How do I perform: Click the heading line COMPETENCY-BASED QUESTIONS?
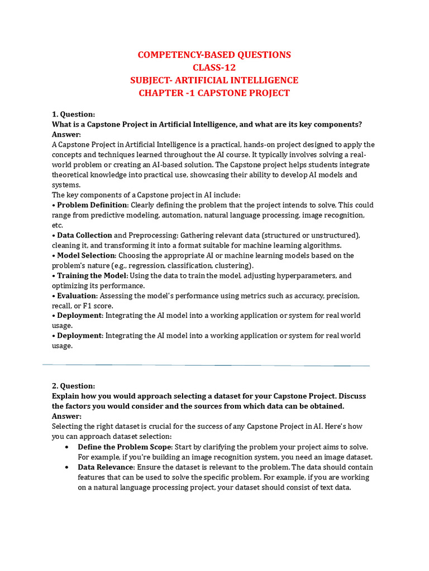[x=214, y=55]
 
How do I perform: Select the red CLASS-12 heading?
[x=214, y=67]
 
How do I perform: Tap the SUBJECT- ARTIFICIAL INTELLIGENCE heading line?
[x=214, y=80]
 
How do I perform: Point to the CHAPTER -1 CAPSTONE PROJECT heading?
[x=214, y=93]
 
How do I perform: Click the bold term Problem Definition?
[x=92, y=205]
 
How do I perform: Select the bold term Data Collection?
[x=84, y=235]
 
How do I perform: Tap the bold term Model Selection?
[x=86, y=255]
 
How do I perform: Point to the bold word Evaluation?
[x=77, y=296]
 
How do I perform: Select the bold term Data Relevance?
[x=106, y=467]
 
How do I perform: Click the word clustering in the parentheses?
[x=232, y=265]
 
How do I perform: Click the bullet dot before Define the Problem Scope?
[x=67, y=447]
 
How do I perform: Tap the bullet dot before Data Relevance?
[x=67, y=467]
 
